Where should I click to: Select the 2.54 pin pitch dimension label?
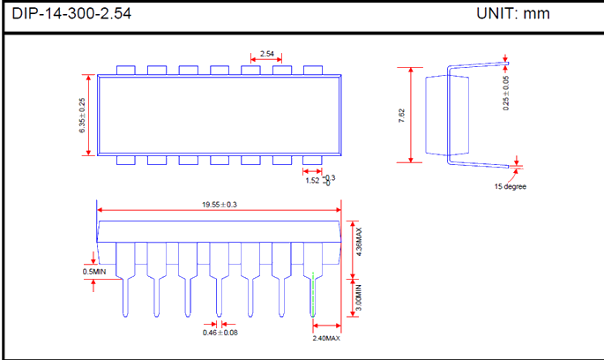coord(267,55)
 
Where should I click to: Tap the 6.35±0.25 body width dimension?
coord(82,115)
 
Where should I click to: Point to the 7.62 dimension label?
coord(402,115)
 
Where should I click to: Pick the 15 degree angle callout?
coord(510,186)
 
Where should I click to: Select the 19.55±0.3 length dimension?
coord(220,205)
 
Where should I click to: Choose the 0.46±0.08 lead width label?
coord(220,332)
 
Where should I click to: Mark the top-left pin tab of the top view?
coord(125,69)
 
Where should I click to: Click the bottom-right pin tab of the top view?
coord(313,161)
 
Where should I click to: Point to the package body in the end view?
coord(438,114)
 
